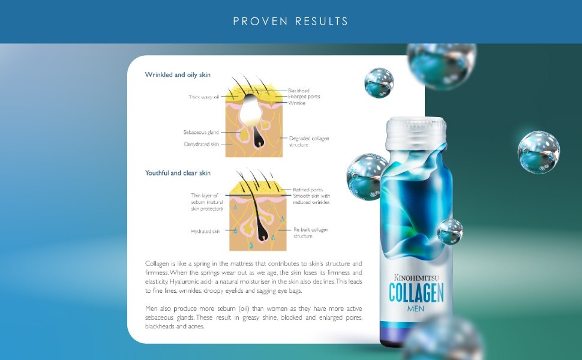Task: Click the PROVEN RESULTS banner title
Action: coord(290,21)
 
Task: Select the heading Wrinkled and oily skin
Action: coord(178,74)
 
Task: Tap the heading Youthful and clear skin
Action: coord(178,173)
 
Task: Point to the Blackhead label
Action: coord(298,90)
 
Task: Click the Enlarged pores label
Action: coord(304,97)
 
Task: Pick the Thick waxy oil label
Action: coord(204,97)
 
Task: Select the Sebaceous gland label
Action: coord(201,132)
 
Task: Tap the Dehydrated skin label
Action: coord(202,144)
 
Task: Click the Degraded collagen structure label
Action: coord(309,142)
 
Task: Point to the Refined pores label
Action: coord(308,190)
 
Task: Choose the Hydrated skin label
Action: coord(205,231)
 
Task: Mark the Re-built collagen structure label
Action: coord(311,233)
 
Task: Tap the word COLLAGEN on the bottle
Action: coord(416,293)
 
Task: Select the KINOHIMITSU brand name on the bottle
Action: coord(416,277)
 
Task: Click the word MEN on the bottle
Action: coord(415,308)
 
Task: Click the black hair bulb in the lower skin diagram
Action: coord(262,234)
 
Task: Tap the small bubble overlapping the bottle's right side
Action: coord(450,232)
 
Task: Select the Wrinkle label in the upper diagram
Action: coord(296,103)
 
